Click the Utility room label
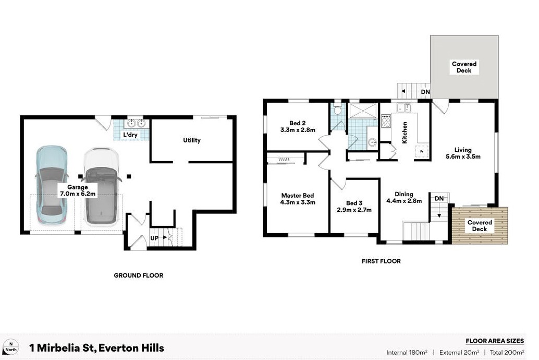click(192, 140)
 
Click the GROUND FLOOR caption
click(138, 275)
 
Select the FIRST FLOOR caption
click(381, 261)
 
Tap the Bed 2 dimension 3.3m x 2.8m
click(298, 130)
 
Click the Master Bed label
click(298, 196)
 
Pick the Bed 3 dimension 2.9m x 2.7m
click(354, 210)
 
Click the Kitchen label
click(404, 133)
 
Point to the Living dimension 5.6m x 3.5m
click(463, 156)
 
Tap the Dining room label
click(404, 194)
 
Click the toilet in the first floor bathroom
click(338, 110)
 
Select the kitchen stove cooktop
click(386, 122)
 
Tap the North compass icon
click(10, 347)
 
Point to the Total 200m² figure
click(507, 352)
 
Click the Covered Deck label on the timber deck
click(479, 226)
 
